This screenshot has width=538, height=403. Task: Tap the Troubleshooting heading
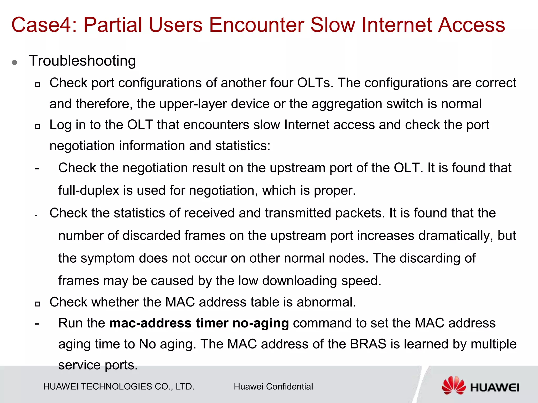82,61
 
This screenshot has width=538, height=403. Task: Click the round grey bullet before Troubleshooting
15,62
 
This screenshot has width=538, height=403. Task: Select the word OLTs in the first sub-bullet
315,83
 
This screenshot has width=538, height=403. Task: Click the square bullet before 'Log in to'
38,126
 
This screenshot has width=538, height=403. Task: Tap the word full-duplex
89,190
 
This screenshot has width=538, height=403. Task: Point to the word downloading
299,281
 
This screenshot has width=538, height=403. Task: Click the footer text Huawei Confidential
273,386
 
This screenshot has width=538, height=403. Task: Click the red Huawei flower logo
453,385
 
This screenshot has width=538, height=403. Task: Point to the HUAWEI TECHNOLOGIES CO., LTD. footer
119,386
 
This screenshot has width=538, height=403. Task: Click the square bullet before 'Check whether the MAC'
38,304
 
